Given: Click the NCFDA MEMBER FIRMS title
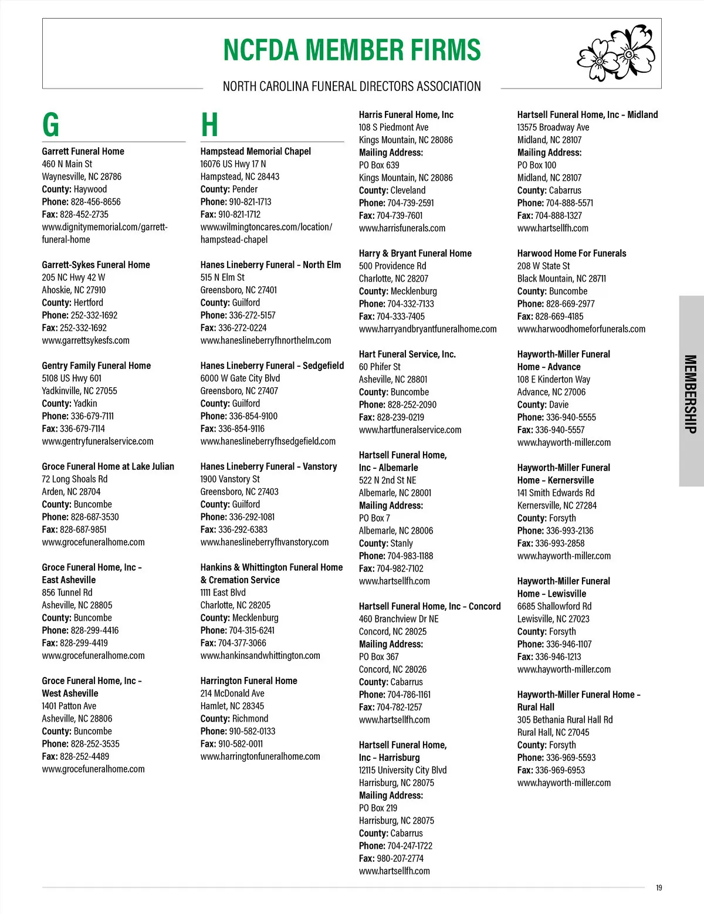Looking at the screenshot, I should click(x=352, y=50).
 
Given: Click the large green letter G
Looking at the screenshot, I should click(x=51, y=124).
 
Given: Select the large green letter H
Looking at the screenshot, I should click(x=209, y=124).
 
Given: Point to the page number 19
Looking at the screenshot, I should click(x=659, y=888).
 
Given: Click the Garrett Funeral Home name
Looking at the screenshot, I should click(x=83, y=151).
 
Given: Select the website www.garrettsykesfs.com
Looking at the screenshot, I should click(x=86, y=340).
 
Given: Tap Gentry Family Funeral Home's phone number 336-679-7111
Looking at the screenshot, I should click(x=92, y=416).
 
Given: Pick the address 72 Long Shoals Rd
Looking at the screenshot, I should click(x=75, y=479).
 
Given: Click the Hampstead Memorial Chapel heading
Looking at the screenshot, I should click(x=255, y=151).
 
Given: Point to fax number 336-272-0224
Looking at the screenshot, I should click(x=242, y=328).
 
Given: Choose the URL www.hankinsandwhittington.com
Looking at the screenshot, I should click(x=260, y=656).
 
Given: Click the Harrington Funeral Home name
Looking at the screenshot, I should click(x=249, y=681).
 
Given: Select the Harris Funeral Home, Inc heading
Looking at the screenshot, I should click(x=406, y=115).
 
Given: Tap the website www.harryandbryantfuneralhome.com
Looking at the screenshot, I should click(x=428, y=329).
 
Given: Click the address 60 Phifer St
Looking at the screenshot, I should click(x=380, y=367).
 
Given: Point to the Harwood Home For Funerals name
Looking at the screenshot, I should click(x=571, y=253).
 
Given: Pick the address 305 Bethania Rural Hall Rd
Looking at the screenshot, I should click(x=564, y=720).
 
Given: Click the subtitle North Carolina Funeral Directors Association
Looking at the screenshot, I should click(x=352, y=87).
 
